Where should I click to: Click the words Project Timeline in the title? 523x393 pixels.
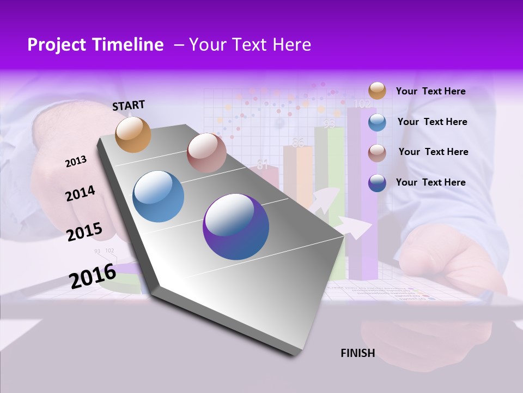click(95, 45)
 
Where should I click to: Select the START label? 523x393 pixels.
click(129, 105)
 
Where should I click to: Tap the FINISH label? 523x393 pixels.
click(357, 353)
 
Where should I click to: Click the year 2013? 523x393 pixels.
click(76, 162)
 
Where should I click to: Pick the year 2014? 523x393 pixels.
click(80, 193)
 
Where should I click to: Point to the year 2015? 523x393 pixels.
click(84, 232)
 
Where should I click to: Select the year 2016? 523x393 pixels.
click(93, 276)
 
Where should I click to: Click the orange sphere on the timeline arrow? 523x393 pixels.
click(133, 135)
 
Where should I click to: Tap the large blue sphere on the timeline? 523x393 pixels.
click(159, 196)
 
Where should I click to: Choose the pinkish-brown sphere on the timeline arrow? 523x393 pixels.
click(206, 153)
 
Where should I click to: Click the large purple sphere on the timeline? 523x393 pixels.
click(236, 227)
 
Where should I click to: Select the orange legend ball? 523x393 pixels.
click(377, 91)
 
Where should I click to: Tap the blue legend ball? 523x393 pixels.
click(377, 122)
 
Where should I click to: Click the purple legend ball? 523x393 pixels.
click(377, 183)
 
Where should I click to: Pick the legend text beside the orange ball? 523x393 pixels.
click(430, 91)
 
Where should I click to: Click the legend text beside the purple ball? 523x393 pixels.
click(430, 182)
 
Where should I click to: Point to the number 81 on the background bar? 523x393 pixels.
click(263, 164)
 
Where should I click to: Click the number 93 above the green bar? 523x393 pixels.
click(329, 124)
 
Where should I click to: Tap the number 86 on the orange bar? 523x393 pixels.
click(298, 144)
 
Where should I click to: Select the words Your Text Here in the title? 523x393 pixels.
click(250, 45)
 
